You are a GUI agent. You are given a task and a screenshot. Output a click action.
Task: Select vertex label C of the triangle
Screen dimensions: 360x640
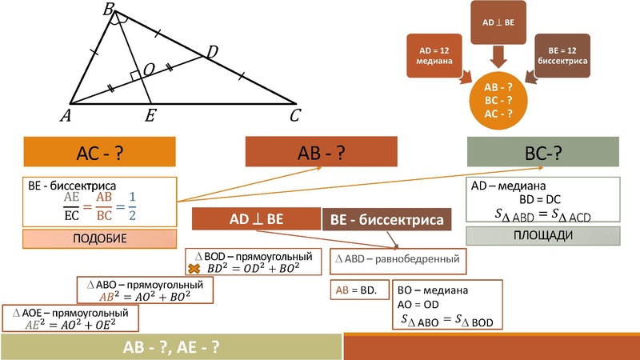coord(295,117)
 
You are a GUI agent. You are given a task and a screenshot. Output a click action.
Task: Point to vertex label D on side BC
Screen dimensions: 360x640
coord(212,53)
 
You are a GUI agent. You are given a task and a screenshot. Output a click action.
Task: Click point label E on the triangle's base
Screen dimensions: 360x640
coord(150,117)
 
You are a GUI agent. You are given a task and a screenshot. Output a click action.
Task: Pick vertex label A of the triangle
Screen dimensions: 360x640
coord(65,117)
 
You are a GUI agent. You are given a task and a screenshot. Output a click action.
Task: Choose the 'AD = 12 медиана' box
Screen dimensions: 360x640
coord(432,56)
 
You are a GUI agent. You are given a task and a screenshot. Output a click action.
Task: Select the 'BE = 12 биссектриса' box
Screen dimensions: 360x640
coord(562,56)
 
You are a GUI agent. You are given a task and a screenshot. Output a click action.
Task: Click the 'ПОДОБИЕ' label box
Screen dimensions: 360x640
coord(98,238)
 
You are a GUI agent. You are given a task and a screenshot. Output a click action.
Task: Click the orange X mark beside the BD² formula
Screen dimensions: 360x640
coord(193,269)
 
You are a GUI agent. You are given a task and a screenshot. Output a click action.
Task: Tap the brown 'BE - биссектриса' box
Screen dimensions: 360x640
coord(386,219)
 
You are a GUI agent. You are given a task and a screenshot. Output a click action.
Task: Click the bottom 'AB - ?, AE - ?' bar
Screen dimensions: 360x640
coord(171,347)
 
